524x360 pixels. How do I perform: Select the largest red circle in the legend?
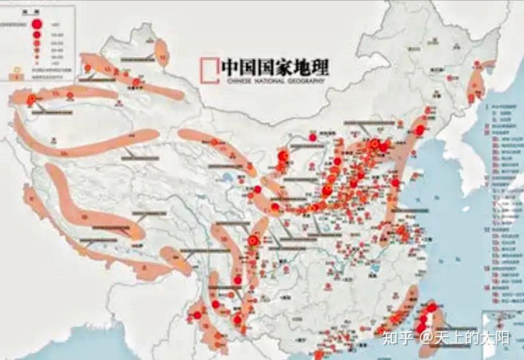[36, 25]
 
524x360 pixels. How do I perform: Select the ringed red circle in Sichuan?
[253, 240]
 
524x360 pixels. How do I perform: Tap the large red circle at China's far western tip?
[32, 99]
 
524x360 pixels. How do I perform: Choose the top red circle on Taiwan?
[432, 307]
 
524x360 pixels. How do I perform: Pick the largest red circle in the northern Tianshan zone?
[136, 82]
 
